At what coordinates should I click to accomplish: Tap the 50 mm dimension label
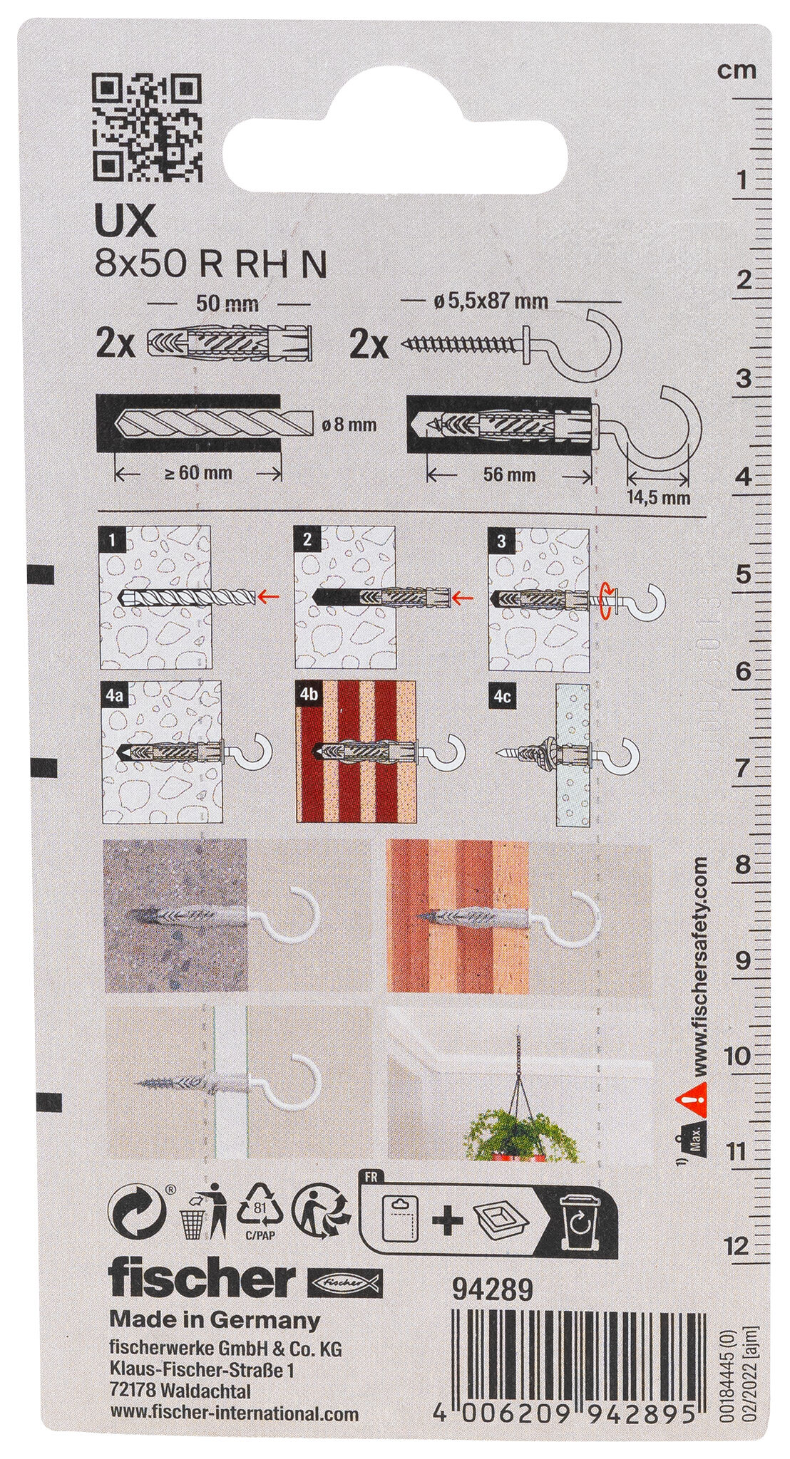click(x=226, y=305)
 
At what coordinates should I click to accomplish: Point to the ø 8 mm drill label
click(x=349, y=425)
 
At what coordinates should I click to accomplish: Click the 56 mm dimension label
click(x=510, y=474)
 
